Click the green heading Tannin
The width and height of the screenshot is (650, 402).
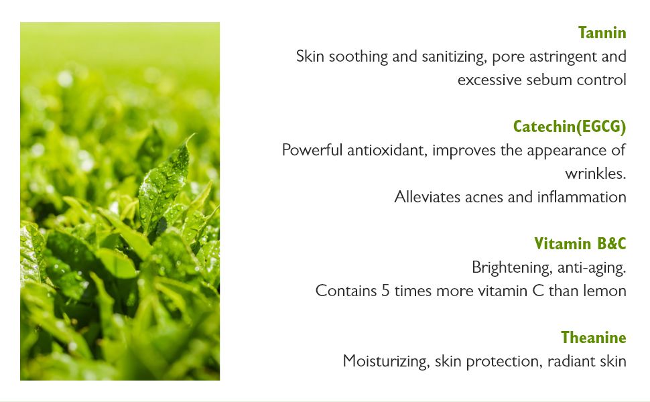(x=602, y=33)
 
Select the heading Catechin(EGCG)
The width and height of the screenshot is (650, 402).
(x=570, y=127)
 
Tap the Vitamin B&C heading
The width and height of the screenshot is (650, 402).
(x=580, y=244)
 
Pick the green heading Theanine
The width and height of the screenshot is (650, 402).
(x=594, y=338)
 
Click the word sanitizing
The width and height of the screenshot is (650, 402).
(x=454, y=57)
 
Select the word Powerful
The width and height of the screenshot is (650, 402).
(x=312, y=150)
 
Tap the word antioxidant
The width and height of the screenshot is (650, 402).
(x=387, y=151)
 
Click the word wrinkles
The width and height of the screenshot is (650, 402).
(x=595, y=174)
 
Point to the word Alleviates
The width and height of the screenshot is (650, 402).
(x=428, y=197)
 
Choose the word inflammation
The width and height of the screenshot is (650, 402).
(x=582, y=197)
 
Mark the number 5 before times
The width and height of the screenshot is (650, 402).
(x=385, y=291)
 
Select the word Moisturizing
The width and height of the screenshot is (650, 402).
(x=386, y=361)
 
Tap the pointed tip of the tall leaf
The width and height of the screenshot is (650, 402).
(x=194, y=134)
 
